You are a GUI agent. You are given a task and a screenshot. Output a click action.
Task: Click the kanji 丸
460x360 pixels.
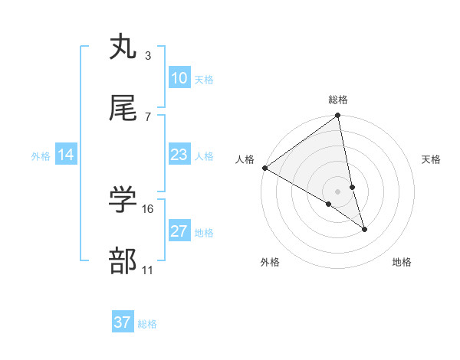click(123, 47)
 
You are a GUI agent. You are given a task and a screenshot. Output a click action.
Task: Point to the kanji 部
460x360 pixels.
click(123, 261)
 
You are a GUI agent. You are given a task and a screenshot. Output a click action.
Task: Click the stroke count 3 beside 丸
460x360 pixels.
click(147, 55)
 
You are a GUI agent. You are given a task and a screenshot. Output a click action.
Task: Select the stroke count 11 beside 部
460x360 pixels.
click(149, 270)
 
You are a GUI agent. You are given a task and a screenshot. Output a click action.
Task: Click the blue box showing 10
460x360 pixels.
click(179, 78)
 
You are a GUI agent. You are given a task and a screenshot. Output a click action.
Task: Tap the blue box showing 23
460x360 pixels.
click(179, 155)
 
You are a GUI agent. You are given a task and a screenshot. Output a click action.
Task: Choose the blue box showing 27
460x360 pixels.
click(179, 231)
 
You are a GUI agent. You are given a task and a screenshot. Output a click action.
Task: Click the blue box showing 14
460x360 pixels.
click(66, 155)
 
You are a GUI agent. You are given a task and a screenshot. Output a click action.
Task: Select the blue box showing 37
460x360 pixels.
click(123, 322)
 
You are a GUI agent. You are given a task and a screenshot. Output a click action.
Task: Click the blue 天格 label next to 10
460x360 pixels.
click(204, 80)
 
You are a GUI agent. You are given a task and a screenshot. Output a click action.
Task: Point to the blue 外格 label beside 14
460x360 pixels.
click(41, 156)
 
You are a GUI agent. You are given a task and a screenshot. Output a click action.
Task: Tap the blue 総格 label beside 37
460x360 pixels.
click(147, 324)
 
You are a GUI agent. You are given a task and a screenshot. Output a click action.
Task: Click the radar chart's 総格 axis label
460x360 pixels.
click(338, 100)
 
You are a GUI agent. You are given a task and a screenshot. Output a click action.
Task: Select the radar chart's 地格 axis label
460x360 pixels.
click(402, 263)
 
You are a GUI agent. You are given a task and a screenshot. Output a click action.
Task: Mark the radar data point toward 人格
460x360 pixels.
click(264, 168)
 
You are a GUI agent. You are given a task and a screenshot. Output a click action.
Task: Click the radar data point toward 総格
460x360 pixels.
click(338, 116)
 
